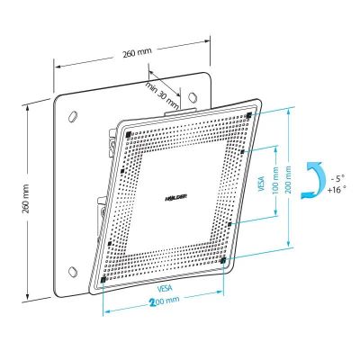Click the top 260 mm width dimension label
(137, 52)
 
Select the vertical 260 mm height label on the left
(26, 199)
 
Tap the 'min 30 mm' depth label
(162, 94)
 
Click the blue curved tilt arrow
(313, 180)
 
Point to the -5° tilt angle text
(337, 179)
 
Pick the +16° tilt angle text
(337, 190)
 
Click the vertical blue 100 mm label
(275, 181)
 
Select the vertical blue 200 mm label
(289, 179)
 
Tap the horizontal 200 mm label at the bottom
(165, 301)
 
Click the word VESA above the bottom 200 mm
(165, 288)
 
